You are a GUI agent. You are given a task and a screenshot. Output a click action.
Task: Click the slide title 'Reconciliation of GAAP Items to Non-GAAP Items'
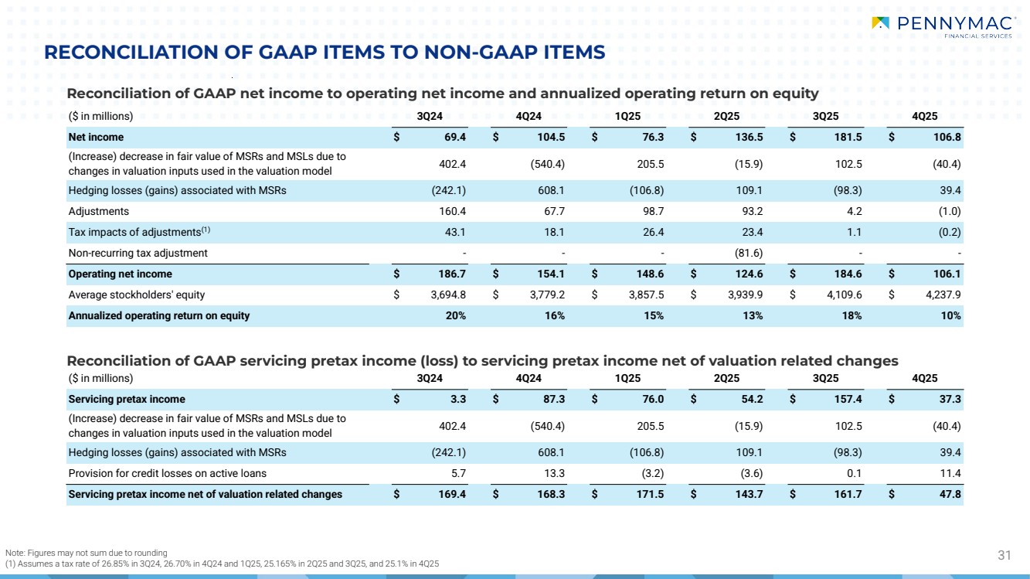click(325, 53)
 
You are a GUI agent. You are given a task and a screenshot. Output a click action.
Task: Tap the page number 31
click(1005, 554)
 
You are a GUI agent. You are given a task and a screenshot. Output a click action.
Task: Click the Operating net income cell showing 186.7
click(449, 274)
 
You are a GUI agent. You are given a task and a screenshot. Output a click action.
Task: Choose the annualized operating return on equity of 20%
click(455, 315)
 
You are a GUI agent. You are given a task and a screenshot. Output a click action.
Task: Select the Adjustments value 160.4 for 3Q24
click(449, 211)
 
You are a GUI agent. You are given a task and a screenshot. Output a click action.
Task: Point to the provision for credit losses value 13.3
click(551, 473)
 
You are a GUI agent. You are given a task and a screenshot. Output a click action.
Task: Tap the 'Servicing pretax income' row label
click(127, 399)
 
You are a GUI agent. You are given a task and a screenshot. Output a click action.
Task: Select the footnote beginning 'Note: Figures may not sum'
click(87, 553)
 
